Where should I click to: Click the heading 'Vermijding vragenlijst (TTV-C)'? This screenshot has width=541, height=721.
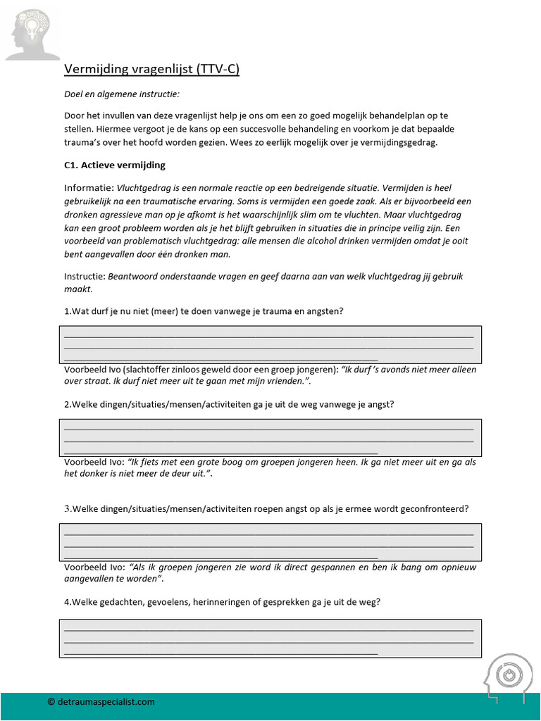pyautogui.click(x=152, y=69)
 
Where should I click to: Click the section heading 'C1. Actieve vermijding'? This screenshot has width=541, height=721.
pyautogui.click(x=115, y=165)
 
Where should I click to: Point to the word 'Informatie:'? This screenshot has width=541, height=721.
pyautogui.click(x=89, y=188)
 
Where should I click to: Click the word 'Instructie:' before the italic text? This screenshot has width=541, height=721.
pyautogui.click(x=84, y=276)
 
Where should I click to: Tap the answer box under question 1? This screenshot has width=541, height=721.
pyautogui.click(x=270, y=344)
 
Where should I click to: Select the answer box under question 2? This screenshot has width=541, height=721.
pyautogui.click(x=270, y=437)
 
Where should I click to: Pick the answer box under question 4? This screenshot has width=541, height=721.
pyautogui.click(x=270, y=638)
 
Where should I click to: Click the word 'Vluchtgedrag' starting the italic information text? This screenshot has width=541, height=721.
pyautogui.click(x=144, y=188)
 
